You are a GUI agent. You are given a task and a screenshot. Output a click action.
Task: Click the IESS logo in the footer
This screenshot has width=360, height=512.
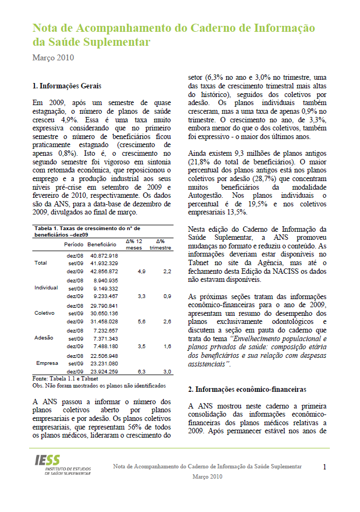pos(64,464)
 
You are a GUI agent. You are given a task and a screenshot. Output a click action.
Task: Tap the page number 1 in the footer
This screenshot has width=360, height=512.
pos(325,467)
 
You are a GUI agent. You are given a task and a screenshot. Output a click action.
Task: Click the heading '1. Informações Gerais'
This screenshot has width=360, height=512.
pos(67,86)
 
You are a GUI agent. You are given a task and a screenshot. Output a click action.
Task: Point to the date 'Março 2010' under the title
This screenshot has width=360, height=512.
pos(53,58)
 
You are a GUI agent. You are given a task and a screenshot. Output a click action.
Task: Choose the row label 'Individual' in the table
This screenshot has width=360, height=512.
pos(46,288)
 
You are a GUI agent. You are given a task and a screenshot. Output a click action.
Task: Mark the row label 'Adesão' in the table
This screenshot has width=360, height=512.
pos(44,338)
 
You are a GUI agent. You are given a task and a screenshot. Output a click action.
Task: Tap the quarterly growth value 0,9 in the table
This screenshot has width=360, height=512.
pos(168,296)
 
